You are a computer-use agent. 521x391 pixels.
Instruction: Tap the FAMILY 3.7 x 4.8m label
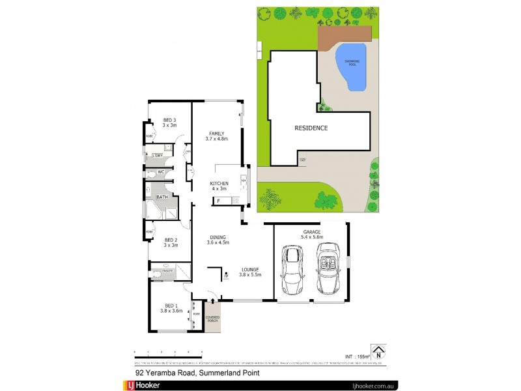point(216,136)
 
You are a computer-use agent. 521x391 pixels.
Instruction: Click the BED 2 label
point(171,242)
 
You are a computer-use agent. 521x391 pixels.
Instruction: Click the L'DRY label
point(157,156)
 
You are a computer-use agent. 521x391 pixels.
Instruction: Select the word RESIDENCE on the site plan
point(311,128)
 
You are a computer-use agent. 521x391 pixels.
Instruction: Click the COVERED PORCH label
point(213,319)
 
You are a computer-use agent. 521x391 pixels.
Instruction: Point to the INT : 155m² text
point(356,356)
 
